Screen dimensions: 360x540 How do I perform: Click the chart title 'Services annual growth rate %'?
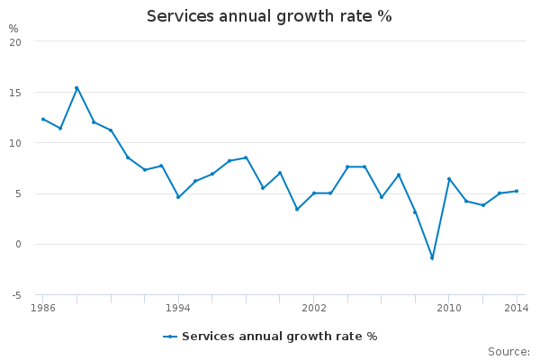(269, 16)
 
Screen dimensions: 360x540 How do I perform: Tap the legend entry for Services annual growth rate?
(270, 337)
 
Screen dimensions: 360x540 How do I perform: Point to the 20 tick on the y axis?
(28, 41)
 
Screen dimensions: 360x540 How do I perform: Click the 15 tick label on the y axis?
(28, 93)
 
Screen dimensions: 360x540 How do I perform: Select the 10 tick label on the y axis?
(28, 143)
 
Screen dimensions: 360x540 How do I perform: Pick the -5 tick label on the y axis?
(28, 295)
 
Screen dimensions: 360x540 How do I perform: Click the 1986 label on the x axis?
(42, 309)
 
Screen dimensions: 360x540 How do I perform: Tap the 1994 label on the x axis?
(178, 309)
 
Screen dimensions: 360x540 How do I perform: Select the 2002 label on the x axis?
(314, 309)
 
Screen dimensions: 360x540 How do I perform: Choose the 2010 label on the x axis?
(449, 309)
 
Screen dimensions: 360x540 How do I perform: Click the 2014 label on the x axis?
(517, 309)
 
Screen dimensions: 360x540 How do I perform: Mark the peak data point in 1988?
(76, 87)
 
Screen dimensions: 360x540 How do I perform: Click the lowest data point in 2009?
(432, 258)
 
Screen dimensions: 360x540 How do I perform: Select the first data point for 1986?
(42, 119)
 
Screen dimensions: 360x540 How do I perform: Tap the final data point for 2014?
(517, 191)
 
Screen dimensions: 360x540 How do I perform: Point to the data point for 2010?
(449, 178)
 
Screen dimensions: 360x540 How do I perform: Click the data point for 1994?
(178, 197)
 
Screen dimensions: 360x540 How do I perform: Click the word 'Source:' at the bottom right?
(508, 351)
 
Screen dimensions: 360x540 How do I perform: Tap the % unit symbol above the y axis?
(13, 29)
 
